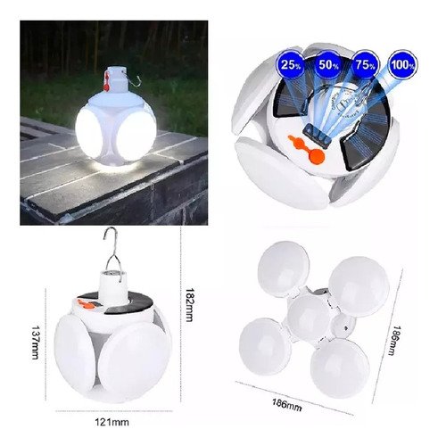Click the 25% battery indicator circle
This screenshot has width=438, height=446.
pyautogui.click(x=290, y=64)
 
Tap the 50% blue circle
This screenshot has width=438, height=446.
pyautogui.click(x=327, y=64)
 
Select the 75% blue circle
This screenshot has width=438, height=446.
pyautogui.click(x=365, y=64)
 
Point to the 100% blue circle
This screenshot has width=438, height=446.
pyautogui.click(x=403, y=64)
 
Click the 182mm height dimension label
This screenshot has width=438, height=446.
pyautogui.click(x=189, y=305)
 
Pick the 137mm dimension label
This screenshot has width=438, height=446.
pyautogui.click(x=36, y=343)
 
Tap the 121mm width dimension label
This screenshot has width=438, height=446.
pyautogui.click(x=112, y=422)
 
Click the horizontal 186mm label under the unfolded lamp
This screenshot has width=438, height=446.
pyautogui.click(x=287, y=405)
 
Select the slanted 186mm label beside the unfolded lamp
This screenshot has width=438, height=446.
pyautogui.click(x=397, y=341)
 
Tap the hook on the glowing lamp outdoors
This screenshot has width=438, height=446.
pyautogui.click(x=132, y=80)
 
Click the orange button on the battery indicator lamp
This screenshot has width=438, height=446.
pyautogui.click(x=316, y=156)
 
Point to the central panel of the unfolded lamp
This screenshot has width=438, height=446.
pyautogui.click(x=310, y=318)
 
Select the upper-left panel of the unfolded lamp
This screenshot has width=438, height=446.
pyautogui.click(x=283, y=265)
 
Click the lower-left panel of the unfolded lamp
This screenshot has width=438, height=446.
pyautogui.click(x=265, y=342)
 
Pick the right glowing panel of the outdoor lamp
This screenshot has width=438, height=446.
pyautogui.click(x=136, y=136)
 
